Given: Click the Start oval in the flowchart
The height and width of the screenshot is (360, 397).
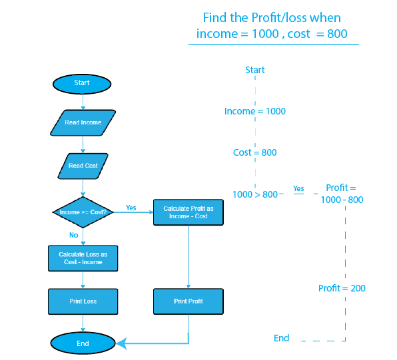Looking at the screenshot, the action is point(82,84).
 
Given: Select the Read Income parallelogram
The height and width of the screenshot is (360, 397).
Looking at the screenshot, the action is point(83,122).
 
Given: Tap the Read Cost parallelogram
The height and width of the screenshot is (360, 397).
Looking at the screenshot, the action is point(83,166).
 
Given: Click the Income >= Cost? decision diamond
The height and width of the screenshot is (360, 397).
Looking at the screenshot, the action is point(83,212).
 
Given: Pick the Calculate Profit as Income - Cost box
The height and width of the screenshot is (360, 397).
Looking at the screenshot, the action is point(189,212).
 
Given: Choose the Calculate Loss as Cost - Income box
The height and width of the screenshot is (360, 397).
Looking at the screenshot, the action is point(83,258).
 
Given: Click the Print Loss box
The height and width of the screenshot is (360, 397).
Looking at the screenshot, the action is point(83,301).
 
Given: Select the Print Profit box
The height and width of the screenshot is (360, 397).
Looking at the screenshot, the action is point(189,301).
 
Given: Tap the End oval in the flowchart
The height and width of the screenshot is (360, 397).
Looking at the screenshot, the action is point(83,343).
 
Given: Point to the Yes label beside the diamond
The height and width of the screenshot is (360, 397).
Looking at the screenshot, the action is point(131,208).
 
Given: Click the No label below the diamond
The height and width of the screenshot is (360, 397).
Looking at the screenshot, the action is point(74,235).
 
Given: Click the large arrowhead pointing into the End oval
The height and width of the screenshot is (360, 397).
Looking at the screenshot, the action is point(121,343).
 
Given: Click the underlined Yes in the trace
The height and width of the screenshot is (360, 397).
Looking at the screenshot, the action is point(298,189).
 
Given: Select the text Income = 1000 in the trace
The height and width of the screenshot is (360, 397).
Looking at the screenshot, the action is point(255,111).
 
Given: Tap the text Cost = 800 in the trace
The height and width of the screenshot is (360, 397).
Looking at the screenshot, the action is point(254,152).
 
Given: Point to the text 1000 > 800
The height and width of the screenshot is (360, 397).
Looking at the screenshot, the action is point(255,194).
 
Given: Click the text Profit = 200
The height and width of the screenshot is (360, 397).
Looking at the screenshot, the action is point(342,288).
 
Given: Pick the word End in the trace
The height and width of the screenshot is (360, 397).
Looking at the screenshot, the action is point(281,338).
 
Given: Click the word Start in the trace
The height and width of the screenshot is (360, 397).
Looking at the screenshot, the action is point(255,70).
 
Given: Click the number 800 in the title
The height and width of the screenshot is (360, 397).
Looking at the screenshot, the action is point(337,34).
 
